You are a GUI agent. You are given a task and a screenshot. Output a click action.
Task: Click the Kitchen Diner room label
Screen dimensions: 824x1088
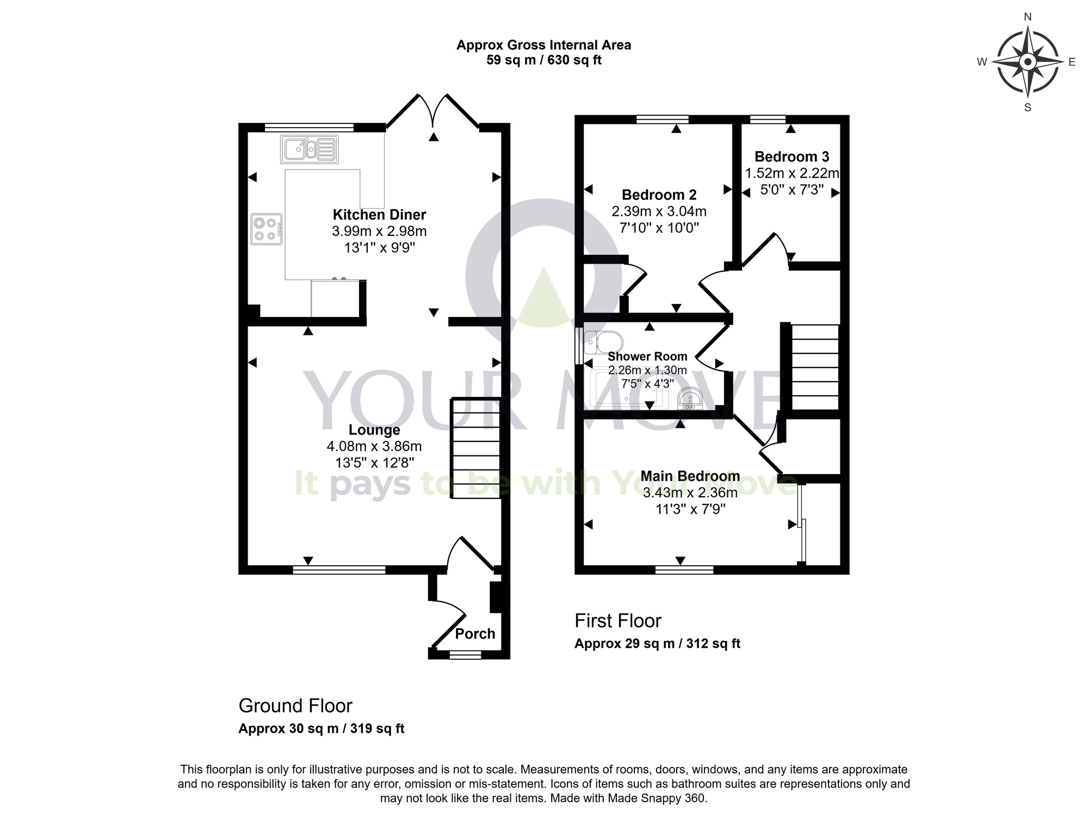click(379, 215)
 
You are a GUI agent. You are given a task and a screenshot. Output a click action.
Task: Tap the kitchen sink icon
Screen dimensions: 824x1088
click(309, 149)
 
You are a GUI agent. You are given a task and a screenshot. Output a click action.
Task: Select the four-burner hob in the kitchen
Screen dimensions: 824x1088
click(267, 229)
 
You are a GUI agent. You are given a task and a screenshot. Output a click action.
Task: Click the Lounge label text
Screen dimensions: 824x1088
click(374, 430)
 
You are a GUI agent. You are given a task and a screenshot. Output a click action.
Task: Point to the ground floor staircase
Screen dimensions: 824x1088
click(475, 448)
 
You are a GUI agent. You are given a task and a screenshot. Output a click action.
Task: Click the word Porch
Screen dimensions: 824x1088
click(475, 634)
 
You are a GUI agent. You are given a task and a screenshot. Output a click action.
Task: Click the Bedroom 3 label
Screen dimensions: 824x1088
click(792, 157)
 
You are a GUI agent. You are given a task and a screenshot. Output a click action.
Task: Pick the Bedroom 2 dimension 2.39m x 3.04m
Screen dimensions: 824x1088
click(659, 211)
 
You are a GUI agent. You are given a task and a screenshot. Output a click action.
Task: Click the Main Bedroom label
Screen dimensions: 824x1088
click(690, 476)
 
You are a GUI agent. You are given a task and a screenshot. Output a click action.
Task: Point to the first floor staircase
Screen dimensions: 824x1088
click(815, 367)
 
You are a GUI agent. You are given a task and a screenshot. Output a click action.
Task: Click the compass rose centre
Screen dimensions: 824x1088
click(1028, 62)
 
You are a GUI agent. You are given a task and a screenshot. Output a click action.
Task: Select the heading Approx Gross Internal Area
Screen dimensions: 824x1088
click(543, 45)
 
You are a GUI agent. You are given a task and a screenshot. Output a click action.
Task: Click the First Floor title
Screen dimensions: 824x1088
click(618, 621)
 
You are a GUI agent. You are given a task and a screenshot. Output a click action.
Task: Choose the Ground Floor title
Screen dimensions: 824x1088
click(295, 706)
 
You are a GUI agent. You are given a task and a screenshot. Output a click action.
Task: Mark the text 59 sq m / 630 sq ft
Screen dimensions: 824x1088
click(543, 60)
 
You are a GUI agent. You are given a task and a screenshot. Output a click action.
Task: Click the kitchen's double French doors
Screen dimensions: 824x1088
click(433, 112)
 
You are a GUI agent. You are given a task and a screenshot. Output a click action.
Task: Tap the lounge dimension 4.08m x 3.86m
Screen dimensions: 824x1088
click(374, 447)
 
